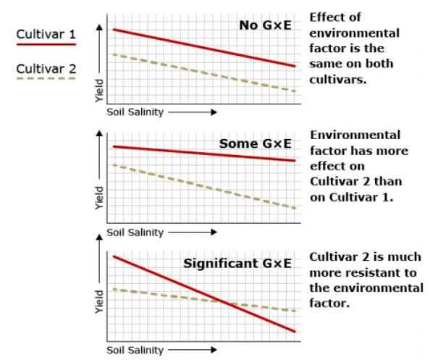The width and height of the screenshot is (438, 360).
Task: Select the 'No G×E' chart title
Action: coord(266,25)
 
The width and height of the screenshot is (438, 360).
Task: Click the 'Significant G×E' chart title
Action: coord(237,262)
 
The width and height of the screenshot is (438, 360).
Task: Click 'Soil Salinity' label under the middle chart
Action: coord(135,233)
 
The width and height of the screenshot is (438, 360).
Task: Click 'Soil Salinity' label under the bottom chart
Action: coord(135,350)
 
